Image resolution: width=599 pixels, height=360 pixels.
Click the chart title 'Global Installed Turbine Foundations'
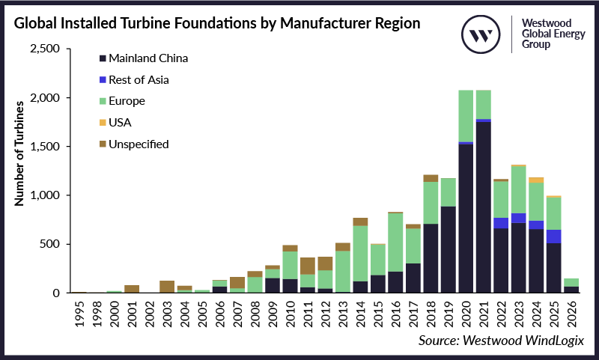[x=216, y=22]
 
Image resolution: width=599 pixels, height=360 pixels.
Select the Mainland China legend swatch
[x=102, y=58]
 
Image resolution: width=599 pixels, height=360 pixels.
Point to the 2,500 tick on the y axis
[x=46, y=49]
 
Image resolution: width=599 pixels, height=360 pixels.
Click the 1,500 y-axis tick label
[x=46, y=147]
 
